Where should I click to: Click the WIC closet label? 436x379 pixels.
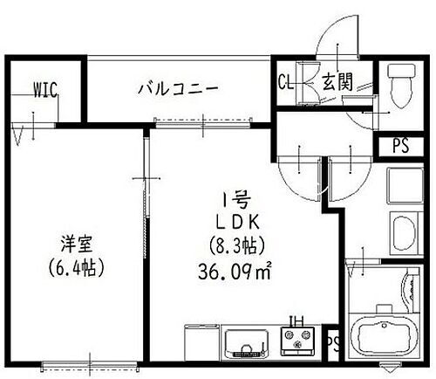[x=44, y=87]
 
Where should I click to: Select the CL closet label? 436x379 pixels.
[x=285, y=83]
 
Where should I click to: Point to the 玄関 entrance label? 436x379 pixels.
[x=335, y=83]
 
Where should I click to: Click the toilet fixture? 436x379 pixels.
[x=401, y=86]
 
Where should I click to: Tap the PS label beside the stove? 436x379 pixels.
[x=331, y=341]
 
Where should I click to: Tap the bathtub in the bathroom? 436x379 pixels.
[x=380, y=336]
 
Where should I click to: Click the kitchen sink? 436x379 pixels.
[x=248, y=341]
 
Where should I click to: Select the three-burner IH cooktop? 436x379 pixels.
[x=298, y=341]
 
